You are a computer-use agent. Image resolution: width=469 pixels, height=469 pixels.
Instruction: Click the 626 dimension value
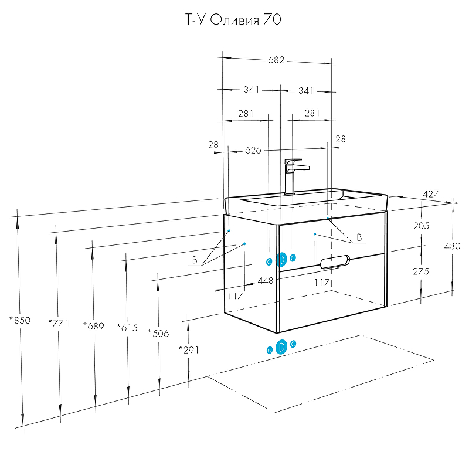[x=253, y=151]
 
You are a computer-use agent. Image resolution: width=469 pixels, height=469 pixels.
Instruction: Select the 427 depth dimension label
[x=430, y=194]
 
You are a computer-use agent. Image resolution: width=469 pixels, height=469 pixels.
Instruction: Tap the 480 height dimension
[x=453, y=246]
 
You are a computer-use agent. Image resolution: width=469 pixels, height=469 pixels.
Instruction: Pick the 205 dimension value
[x=422, y=226]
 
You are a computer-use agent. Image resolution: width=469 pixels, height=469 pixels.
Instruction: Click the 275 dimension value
[x=422, y=271]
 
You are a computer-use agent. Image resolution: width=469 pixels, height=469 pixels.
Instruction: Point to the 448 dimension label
[x=266, y=281]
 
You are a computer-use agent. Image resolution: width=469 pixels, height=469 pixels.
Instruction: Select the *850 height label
[x=20, y=321]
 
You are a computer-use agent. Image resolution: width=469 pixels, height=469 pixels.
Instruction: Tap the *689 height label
[x=93, y=326]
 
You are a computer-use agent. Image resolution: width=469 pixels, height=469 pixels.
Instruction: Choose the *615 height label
[x=127, y=328]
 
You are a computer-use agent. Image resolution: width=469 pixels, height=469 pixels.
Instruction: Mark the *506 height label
[x=158, y=334]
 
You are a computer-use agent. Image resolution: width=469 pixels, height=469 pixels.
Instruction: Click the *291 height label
[x=189, y=350]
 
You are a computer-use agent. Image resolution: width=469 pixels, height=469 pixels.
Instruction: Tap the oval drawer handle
[x=332, y=262]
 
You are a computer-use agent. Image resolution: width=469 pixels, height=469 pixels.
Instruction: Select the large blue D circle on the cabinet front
[x=281, y=259]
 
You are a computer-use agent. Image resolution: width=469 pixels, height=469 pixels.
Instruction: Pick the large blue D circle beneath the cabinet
[x=281, y=347]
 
